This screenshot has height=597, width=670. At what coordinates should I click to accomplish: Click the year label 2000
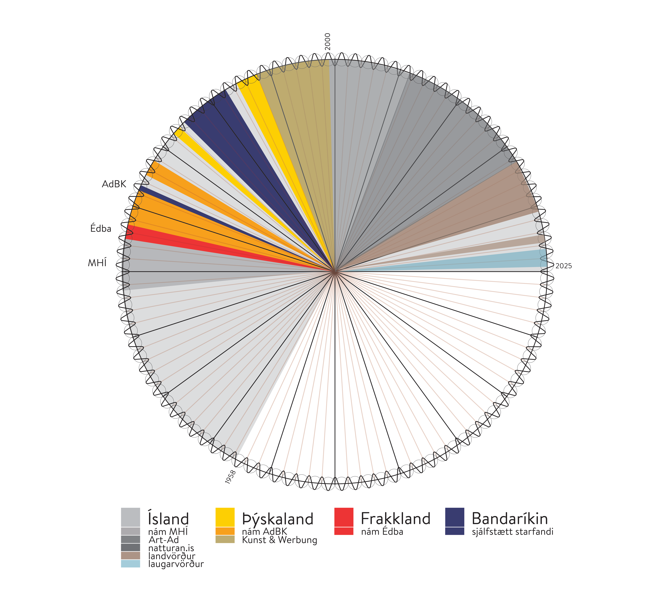coord(327,42)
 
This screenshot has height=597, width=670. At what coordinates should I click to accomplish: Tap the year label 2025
coord(563,266)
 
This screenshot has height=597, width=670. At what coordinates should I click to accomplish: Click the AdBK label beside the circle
coord(114,184)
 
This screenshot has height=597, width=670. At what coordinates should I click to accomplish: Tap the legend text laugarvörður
coord(176,564)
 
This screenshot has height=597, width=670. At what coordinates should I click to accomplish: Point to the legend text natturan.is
coord(171,548)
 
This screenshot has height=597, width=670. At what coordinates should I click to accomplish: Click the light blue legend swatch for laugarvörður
coord(130,564)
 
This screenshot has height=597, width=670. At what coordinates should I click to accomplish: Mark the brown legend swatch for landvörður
coord(130,556)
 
